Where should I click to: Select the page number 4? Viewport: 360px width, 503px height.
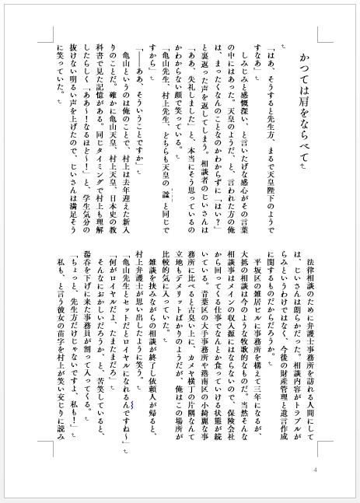(x=315, y=470)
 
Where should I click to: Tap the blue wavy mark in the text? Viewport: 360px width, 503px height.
(x=133, y=404)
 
